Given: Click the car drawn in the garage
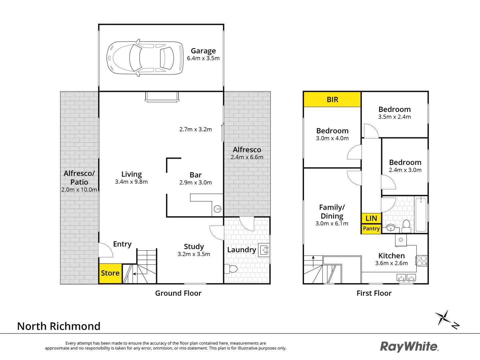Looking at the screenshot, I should (x=145, y=58).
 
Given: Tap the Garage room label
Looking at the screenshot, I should (x=203, y=51).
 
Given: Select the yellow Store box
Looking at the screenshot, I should (x=110, y=273).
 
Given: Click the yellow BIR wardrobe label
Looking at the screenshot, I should (x=332, y=100).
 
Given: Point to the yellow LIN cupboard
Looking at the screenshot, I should (x=371, y=218).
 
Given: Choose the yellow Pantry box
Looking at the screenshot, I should (x=371, y=229).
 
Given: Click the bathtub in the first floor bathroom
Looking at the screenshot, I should (x=421, y=214).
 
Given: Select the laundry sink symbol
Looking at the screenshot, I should (x=264, y=250).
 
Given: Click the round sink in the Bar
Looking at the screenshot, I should (x=218, y=209).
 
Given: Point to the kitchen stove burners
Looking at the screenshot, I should (x=421, y=260).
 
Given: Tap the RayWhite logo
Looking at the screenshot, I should (x=409, y=347).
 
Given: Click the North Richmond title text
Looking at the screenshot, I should (x=59, y=326).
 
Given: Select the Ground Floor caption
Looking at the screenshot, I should (x=178, y=293).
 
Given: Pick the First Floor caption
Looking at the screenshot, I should (x=374, y=293).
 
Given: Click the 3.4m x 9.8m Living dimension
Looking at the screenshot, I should (x=131, y=182).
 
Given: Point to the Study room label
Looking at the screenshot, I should (x=194, y=247).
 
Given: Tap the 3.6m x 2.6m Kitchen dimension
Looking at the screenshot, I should (x=391, y=263).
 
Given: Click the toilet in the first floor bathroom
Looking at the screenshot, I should (x=406, y=226).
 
